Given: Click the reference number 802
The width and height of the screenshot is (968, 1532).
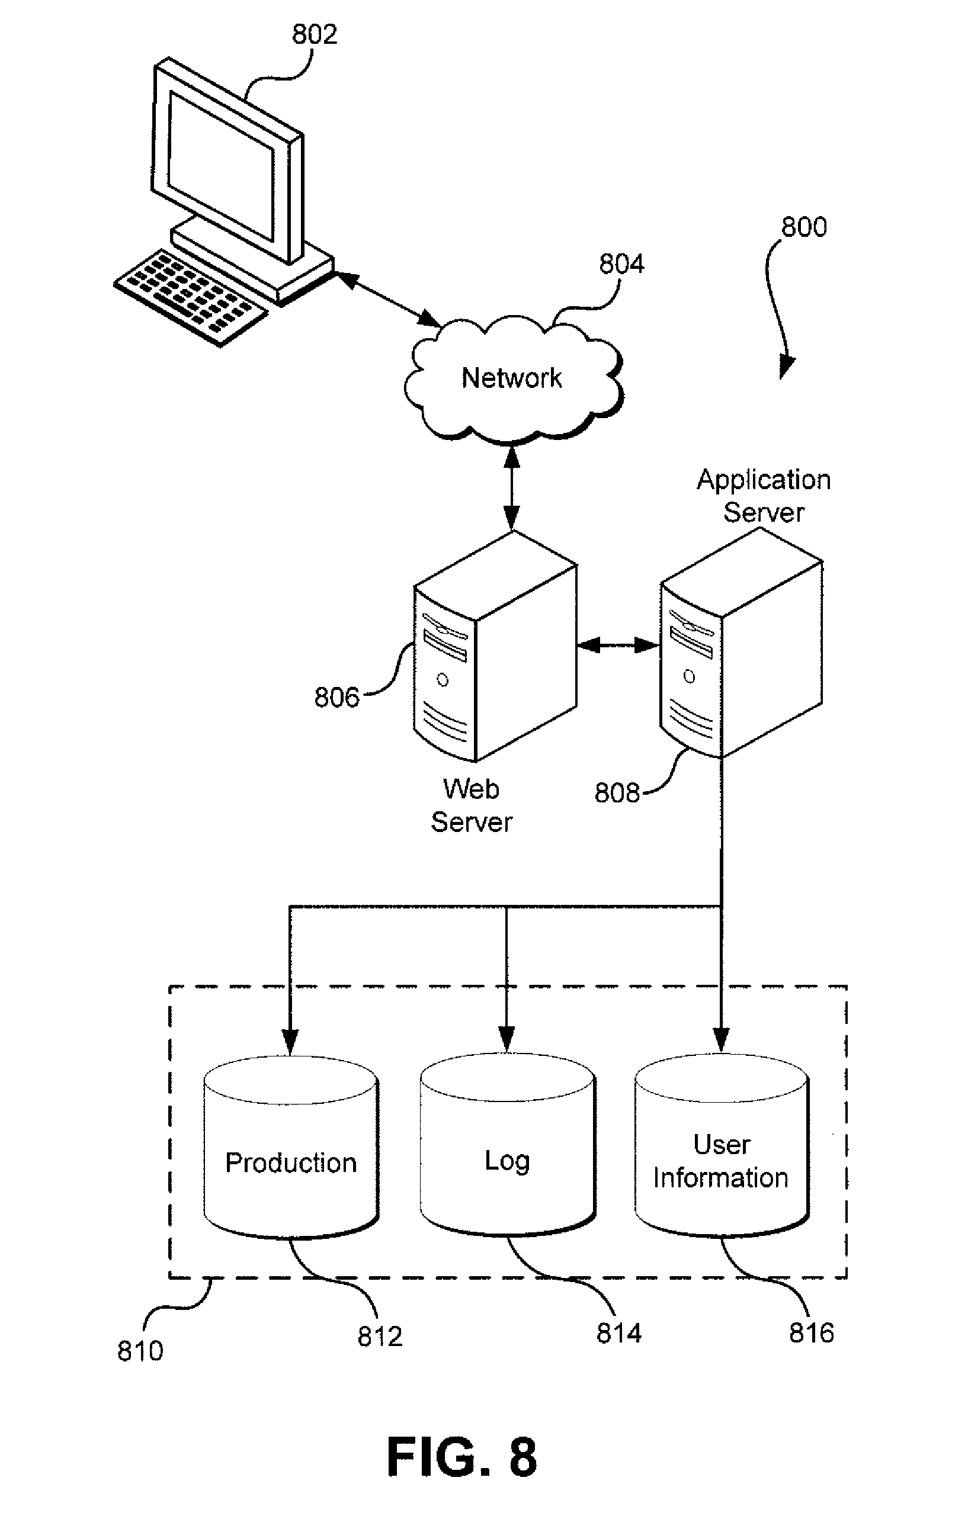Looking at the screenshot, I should coord(314,34).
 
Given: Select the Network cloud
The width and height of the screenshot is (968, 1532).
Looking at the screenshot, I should coord(512,378).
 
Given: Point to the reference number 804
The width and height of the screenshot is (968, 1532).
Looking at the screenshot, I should coord(621,264).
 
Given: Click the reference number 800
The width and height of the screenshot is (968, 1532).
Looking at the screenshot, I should coord(803,227).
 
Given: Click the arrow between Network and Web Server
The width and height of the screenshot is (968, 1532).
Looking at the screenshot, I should coord(512,487).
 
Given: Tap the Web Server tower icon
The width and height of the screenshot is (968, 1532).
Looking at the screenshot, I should coord(495,648).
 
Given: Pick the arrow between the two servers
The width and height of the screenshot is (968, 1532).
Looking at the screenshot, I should coord(618,645).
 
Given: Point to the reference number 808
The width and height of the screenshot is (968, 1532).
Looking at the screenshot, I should coord(617,793).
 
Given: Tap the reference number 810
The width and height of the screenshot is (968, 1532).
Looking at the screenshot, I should coord(140,1351).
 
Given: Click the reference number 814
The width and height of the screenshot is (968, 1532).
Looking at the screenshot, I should coord(618,1333).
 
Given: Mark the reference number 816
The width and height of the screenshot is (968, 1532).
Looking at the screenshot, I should coord(812,1333).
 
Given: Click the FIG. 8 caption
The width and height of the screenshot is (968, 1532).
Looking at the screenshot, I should coord(461,1457).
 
